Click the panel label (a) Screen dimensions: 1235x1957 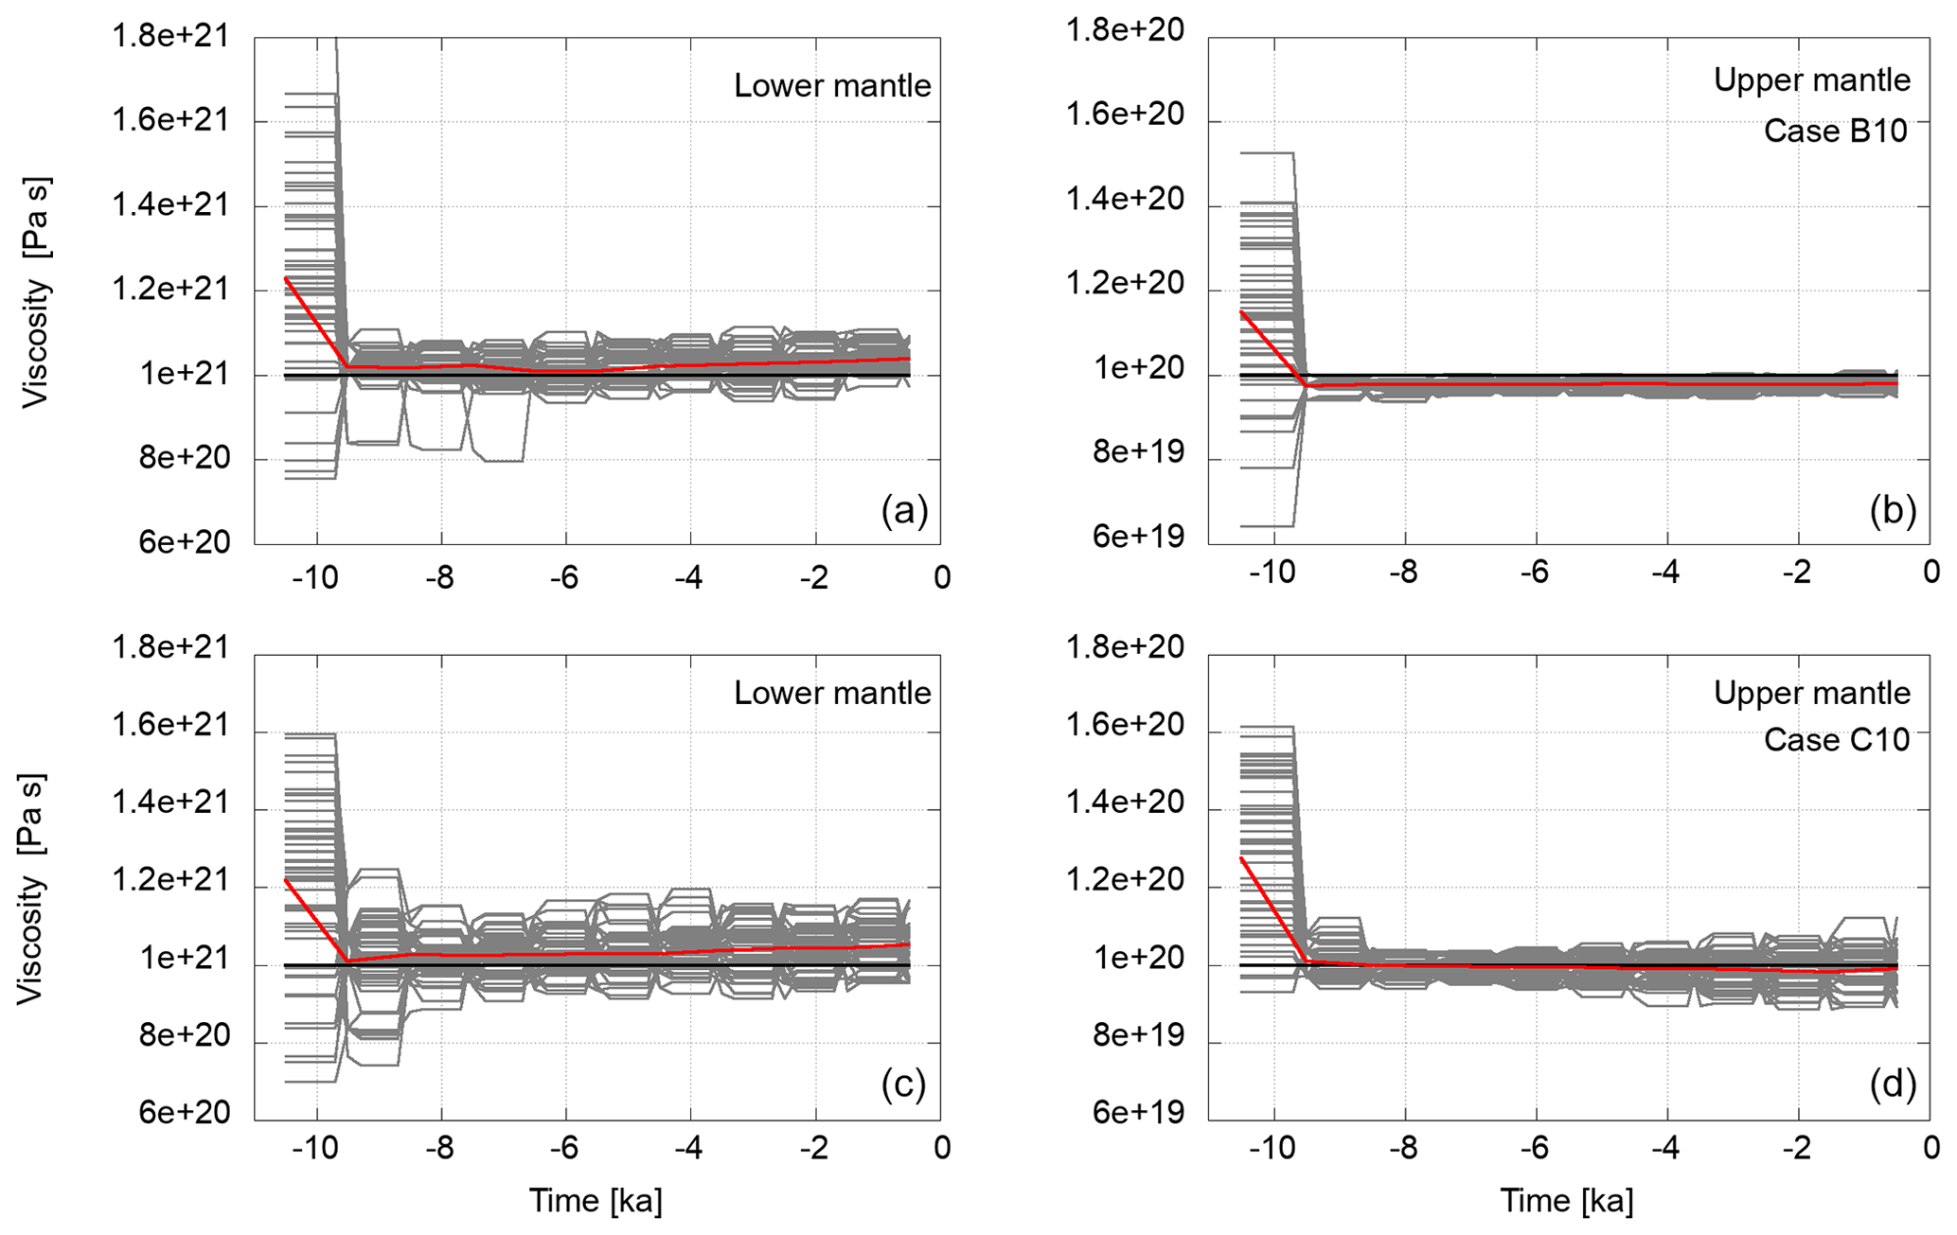904,511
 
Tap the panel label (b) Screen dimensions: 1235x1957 1893,511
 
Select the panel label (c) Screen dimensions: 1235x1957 903,1085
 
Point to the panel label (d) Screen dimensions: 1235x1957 1893,1085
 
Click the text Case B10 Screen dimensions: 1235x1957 1835,131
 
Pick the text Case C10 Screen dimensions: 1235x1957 1836,739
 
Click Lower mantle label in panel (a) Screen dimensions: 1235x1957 832,86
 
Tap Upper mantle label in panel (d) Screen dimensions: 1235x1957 1811,694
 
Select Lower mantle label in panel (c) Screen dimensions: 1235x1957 832,694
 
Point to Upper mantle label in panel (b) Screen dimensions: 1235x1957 1811,80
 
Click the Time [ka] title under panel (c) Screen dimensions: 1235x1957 596,1201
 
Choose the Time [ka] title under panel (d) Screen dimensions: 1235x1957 1567,1201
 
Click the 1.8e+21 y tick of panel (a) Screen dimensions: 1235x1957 170,37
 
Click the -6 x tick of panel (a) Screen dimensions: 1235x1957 564,577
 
